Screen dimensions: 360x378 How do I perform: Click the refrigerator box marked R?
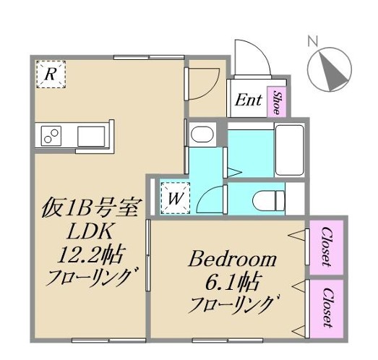[51, 74]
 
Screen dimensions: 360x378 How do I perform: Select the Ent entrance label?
[249, 101]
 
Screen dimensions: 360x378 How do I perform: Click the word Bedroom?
[233, 259]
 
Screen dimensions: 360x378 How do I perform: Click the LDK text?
[87, 231]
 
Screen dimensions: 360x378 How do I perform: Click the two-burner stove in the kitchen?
[51, 135]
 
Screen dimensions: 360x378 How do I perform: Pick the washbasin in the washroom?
[200, 135]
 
